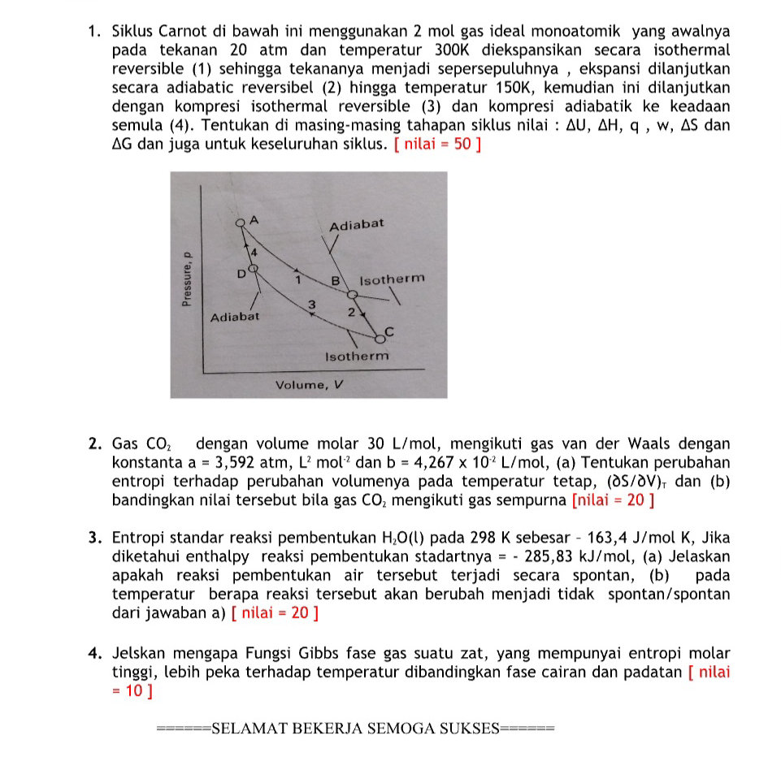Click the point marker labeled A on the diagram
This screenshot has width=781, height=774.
pos(240,223)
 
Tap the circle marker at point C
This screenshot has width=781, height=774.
pos(379,339)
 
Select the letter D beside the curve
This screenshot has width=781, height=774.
pos(241,275)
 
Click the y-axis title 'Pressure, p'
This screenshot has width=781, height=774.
pos(186,276)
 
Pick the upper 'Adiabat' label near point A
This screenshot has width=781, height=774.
pos(356,224)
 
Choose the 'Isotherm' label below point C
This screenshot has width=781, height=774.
pos(357,357)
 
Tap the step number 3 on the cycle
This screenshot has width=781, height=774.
pos(310,304)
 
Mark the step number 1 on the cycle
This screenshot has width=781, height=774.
pos(298,280)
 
